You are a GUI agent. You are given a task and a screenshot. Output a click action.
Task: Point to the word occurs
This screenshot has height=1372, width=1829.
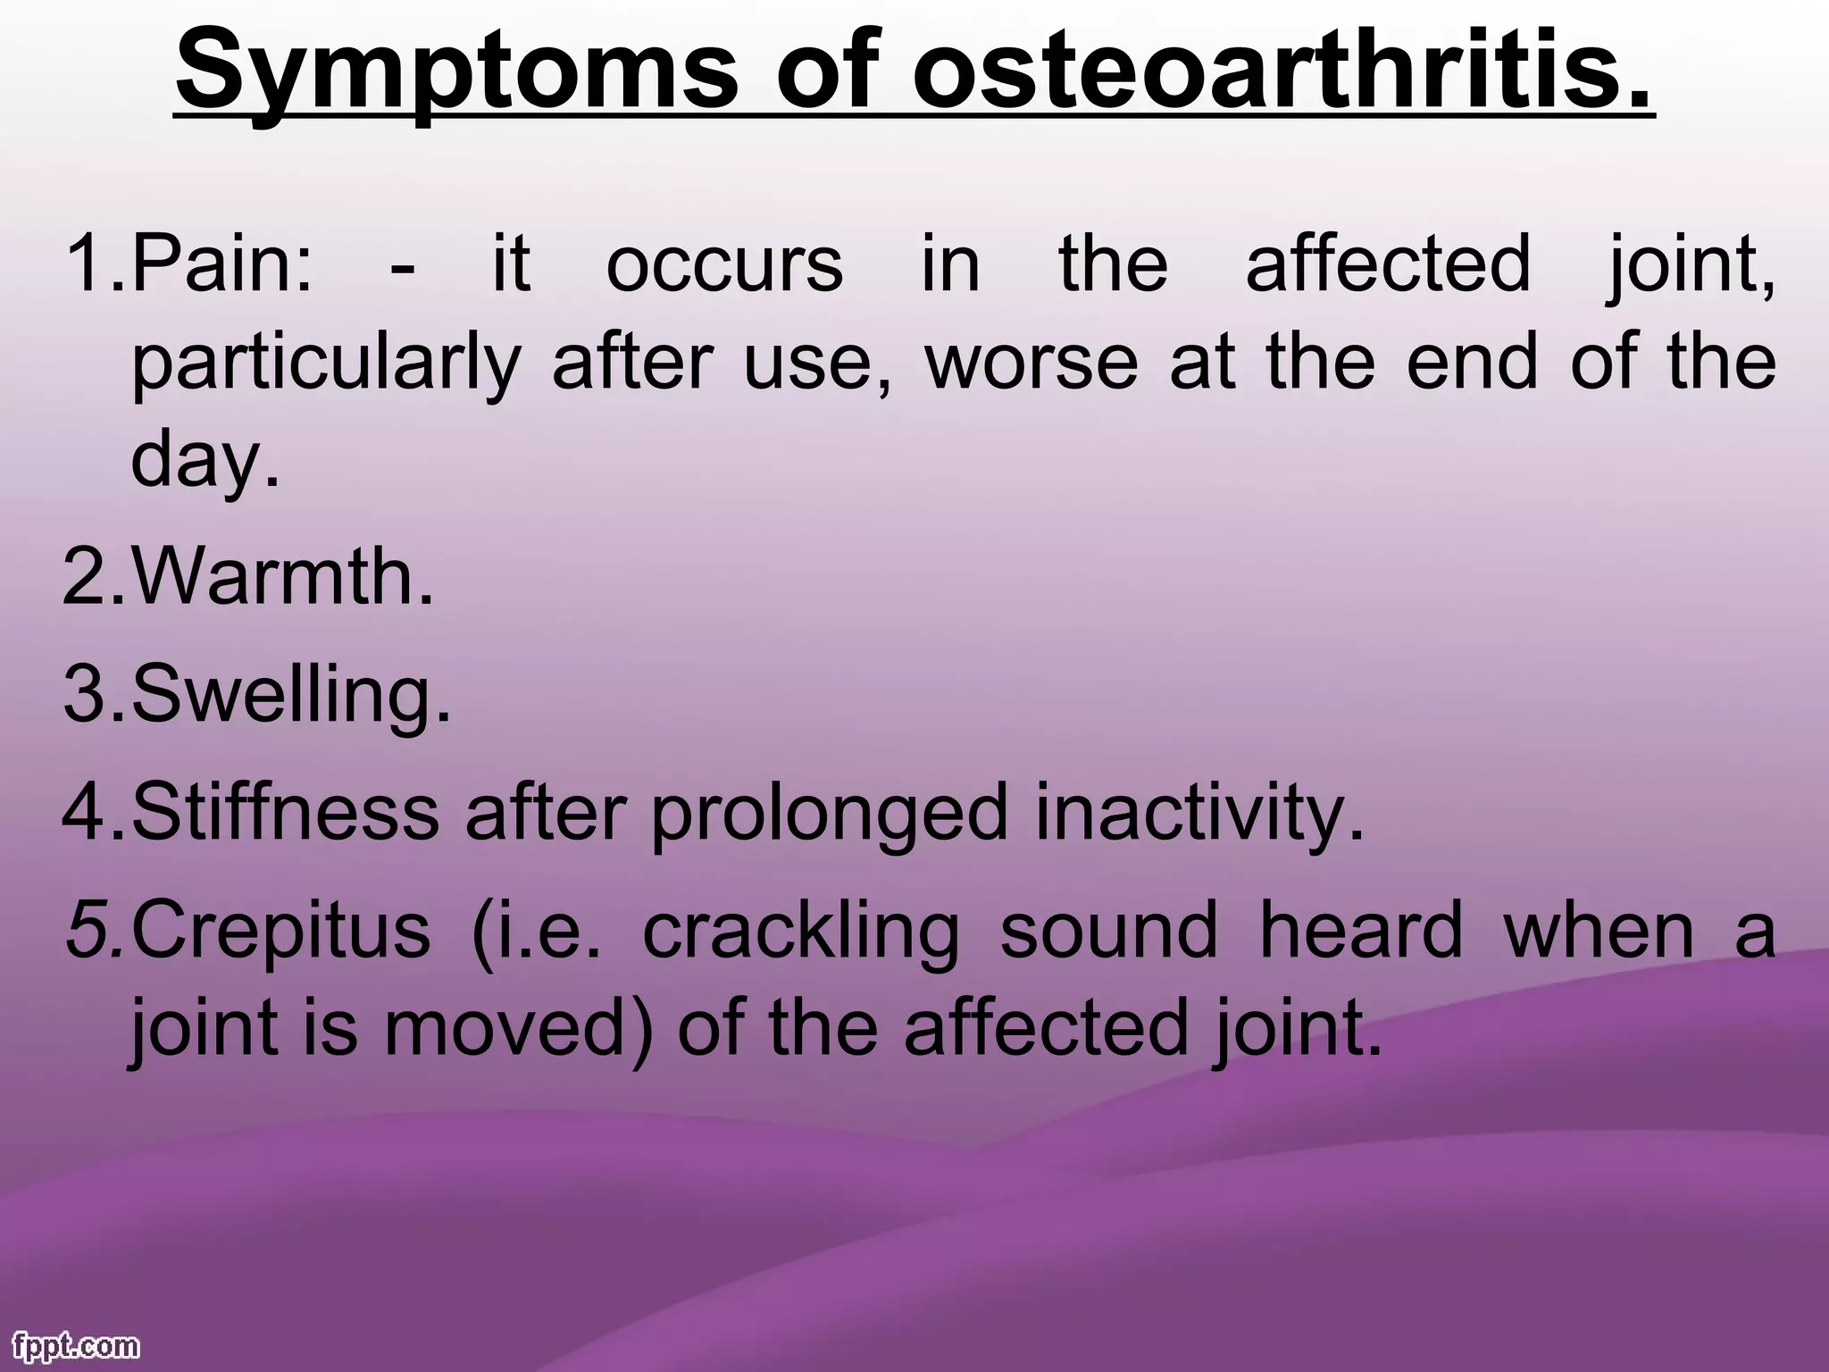click(x=724, y=264)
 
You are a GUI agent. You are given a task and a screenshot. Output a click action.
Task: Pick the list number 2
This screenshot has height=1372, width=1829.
click(x=88, y=578)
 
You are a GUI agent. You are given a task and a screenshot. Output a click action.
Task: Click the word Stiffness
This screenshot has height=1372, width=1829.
click(x=286, y=813)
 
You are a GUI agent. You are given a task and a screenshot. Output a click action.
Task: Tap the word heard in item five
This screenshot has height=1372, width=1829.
click(x=1360, y=930)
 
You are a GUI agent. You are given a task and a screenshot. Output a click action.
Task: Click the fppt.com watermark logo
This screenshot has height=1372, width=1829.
click(x=77, y=1346)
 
